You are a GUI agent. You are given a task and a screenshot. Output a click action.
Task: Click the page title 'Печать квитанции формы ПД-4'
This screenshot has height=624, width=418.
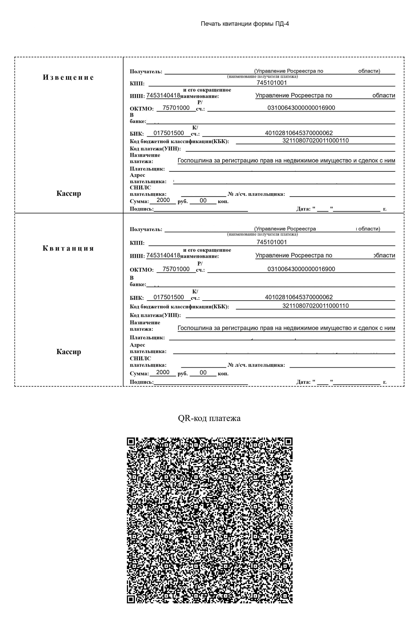(x=245, y=24)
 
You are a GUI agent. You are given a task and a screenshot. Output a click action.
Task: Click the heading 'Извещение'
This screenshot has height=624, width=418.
(x=68, y=77)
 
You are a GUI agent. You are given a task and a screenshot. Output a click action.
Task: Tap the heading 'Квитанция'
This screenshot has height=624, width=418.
(x=68, y=248)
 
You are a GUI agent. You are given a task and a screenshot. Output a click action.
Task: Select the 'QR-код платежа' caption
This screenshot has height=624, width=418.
(x=209, y=418)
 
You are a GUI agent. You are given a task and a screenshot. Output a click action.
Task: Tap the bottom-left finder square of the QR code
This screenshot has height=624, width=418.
(x=131, y=599)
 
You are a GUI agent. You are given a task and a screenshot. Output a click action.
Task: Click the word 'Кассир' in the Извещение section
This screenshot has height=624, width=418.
(x=69, y=193)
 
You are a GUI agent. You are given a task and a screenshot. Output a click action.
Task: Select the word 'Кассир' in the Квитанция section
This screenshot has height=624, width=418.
(x=69, y=351)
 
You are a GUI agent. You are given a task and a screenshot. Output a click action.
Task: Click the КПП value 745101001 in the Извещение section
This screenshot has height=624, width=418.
(x=272, y=83)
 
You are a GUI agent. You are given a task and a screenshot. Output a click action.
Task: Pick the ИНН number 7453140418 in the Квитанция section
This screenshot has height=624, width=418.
(x=163, y=255)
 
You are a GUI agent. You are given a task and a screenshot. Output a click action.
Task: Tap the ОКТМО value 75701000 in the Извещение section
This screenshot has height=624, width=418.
(x=176, y=108)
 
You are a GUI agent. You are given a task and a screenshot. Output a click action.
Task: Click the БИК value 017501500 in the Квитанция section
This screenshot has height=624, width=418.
(x=169, y=297)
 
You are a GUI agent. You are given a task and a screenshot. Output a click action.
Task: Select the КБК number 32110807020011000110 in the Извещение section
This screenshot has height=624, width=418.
(x=316, y=141)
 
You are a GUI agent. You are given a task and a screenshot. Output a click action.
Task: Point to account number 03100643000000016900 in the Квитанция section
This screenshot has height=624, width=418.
(x=301, y=269)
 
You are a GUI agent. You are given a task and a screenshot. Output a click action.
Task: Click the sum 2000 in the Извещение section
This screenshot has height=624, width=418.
(x=163, y=200)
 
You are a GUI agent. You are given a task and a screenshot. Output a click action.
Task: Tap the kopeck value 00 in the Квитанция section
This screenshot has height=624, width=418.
(x=203, y=372)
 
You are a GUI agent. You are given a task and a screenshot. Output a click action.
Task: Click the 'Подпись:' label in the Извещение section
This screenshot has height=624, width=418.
(x=142, y=209)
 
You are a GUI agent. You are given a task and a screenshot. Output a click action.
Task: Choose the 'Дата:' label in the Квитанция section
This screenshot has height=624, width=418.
(x=303, y=382)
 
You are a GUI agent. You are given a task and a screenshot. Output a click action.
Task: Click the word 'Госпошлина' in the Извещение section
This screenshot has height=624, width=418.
(x=195, y=161)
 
